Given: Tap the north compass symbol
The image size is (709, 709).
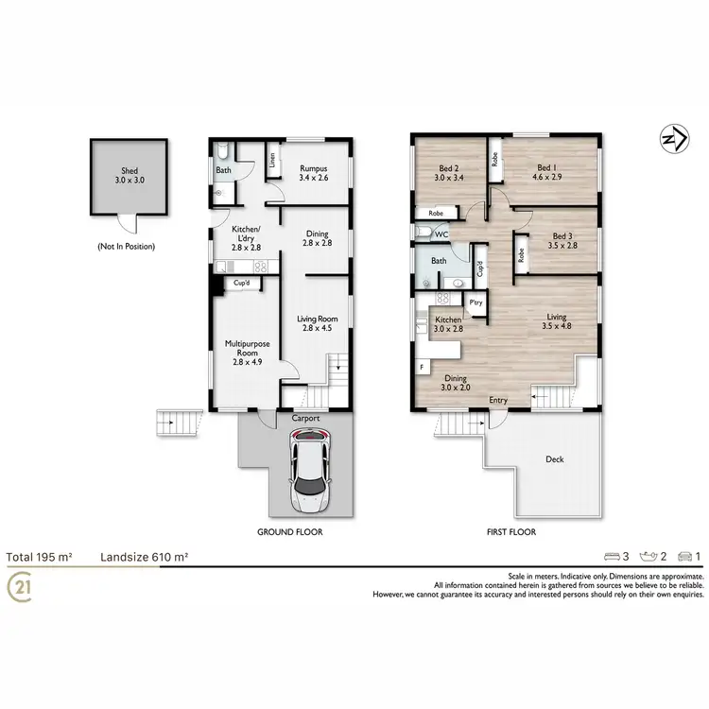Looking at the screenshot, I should (x=670, y=139).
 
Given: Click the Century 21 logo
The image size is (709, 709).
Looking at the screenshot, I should (x=19, y=588).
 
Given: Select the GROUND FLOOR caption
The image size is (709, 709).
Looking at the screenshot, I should (x=290, y=532).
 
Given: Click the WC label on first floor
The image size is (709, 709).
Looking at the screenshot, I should (x=441, y=233).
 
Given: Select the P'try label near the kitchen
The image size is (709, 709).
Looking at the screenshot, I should (x=476, y=303).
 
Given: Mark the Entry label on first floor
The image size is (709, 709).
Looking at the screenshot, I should (x=498, y=400).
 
